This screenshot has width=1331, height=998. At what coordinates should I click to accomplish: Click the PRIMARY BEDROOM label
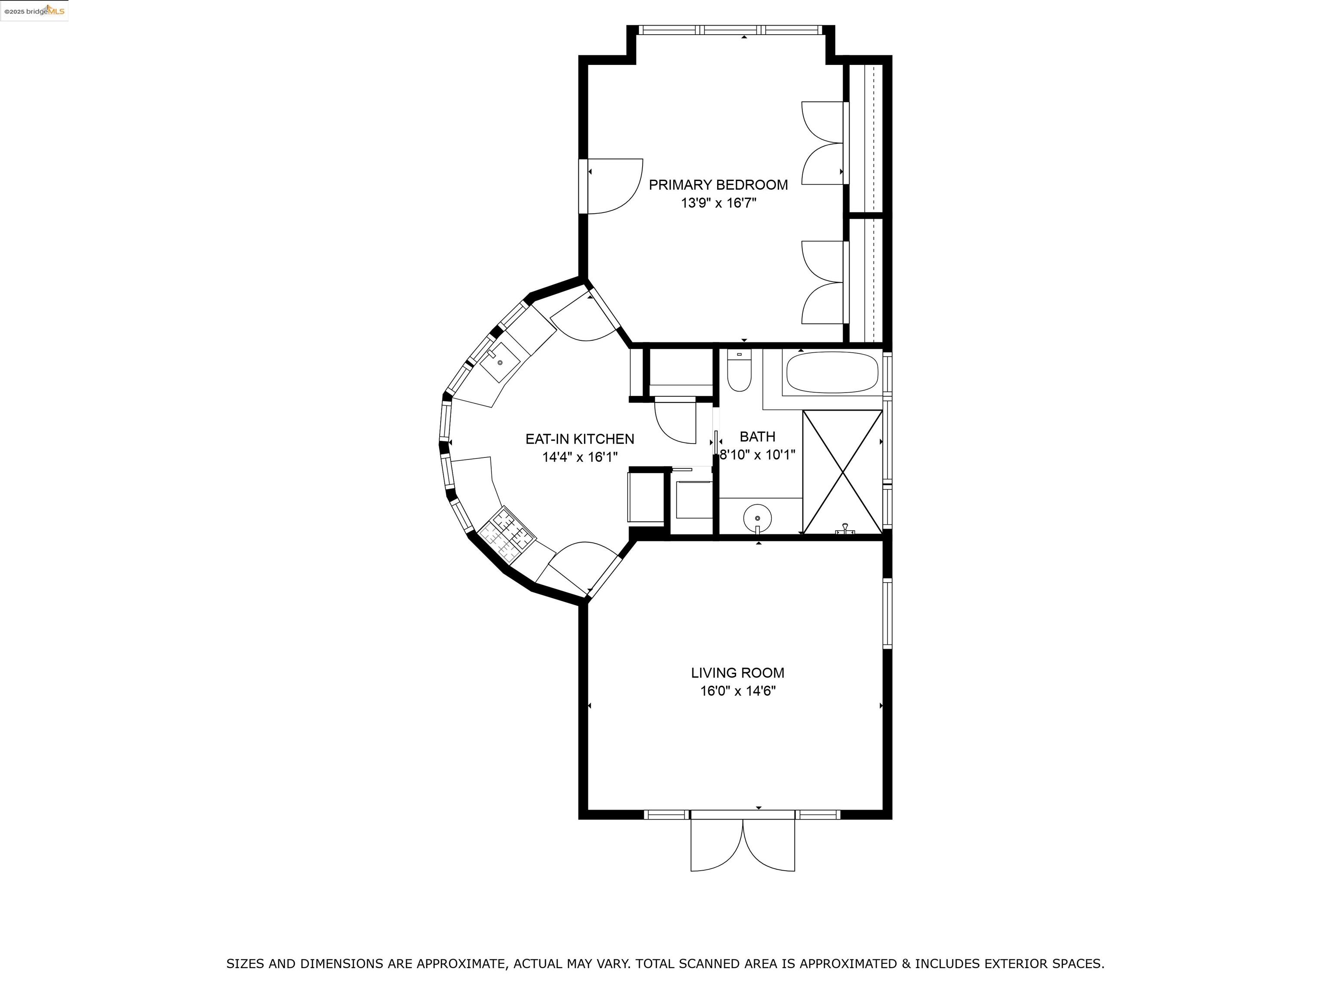pyautogui.click(x=718, y=185)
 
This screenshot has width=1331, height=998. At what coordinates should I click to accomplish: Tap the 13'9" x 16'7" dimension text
pyautogui.click(x=718, y=203)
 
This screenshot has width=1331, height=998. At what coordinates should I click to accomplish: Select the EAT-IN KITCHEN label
pyautogui.click(x=579, y=439)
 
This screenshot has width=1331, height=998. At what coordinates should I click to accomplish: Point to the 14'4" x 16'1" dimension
pyautogui.click(x=579, y=457)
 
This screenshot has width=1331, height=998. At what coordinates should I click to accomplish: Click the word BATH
pyautogui.click(x=757, y=437)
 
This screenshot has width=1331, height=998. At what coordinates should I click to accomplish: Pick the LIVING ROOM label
pyautogui.click(x=737, y=673)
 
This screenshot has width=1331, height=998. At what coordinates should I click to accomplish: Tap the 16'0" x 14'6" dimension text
pyautogui.click(x=737, y=690)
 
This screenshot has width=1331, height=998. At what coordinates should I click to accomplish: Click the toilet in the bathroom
pyautogui.click(x=739, y=371)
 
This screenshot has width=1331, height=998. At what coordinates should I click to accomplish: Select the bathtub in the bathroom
pyautogui.click(x=832, y=373)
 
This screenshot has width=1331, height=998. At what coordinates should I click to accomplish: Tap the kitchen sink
pyautogui.click(x=500, y=363)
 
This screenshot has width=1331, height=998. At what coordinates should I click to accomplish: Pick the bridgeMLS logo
pyautogui.click(x=34, y=11)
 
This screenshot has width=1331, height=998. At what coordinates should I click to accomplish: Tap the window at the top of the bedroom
pyautogui.click(x=730, y=29)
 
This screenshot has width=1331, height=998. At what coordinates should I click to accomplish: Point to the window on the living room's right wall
pyautogui.click(x=887, y=614)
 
